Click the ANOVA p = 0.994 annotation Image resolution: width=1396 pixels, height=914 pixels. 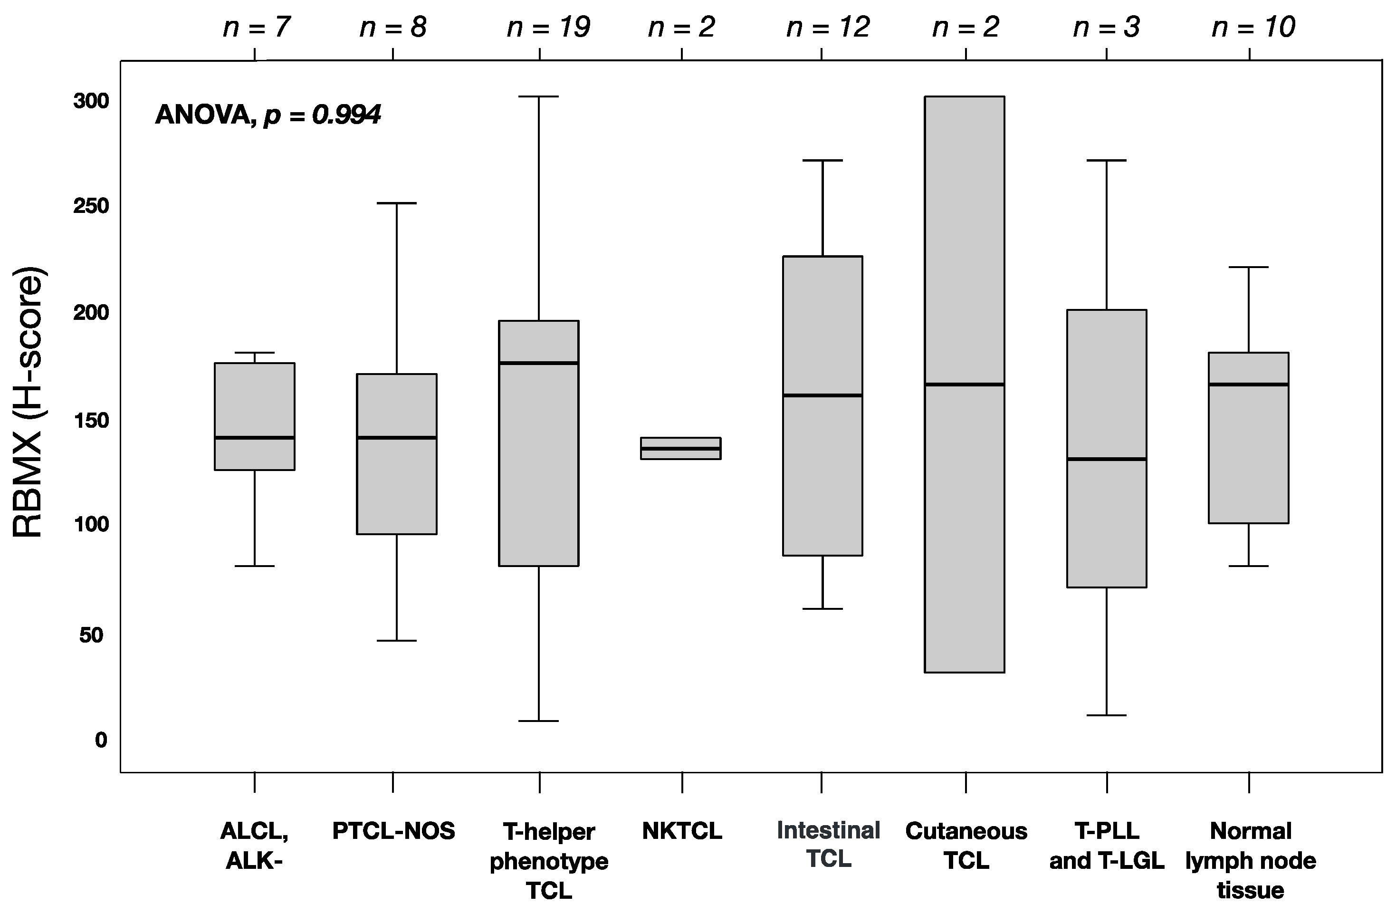(268, 115)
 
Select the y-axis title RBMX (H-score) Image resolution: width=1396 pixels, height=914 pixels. (28, 403)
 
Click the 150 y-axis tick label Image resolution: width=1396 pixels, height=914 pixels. (91, 420)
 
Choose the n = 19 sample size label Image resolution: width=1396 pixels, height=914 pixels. (548, 27)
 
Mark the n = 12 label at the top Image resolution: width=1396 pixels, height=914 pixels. (827, 27)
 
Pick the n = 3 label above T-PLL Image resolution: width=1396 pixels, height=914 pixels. (1106, 27)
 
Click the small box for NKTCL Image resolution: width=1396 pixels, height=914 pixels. (680, 448)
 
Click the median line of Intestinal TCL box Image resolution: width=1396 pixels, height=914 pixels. (822, 395)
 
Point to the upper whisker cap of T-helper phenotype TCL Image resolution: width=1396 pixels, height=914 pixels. (539, 96)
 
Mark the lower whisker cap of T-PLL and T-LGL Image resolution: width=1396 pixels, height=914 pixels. (1106, 715)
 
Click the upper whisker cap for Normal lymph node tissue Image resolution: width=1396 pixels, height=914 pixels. (1248, 267)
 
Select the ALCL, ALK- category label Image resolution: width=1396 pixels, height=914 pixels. (255, 846)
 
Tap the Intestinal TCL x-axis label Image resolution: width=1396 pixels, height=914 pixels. (828, 844)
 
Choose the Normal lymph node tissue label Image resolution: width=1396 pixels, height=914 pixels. (1250, 860)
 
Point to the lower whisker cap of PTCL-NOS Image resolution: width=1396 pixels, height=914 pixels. (396, 641)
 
